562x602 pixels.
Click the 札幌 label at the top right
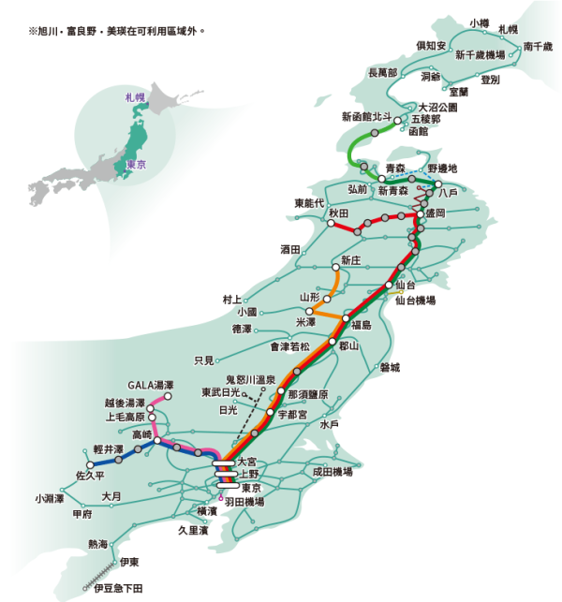click(x=508, y=30)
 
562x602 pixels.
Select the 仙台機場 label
click(x=414, y=301)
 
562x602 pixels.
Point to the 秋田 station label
click(x=338, y=214)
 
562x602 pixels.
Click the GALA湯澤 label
click(x=151, y=385)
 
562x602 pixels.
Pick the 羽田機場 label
click(x=244, y=503)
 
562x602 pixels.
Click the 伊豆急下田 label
click(x=118, y=587)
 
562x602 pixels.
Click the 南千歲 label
click(x=539, y=45)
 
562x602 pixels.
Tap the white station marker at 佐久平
click(x=90, y=464)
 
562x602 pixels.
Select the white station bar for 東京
click(x=227, y=486)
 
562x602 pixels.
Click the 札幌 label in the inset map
click(x=124, y=96)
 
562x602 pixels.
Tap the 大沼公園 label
click(x=437, y=108)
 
